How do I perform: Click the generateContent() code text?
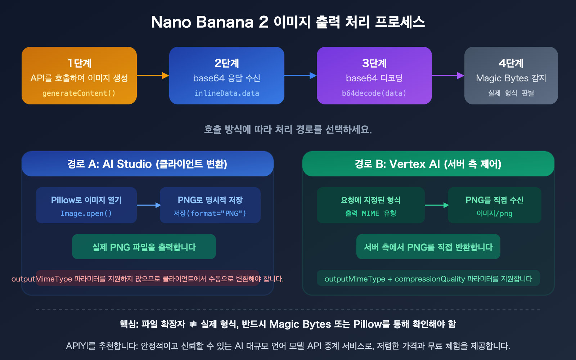[79, 93]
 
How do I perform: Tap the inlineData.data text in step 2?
[227, 93]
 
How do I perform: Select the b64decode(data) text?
[374, 93]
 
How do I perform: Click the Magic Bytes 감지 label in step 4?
[511, 78]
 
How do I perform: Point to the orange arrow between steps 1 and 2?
[153, 76]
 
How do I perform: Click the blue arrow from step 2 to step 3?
[300, 76]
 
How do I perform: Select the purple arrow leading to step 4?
[448, 76]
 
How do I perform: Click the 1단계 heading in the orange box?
[80, 63]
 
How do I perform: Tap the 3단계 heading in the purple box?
[374, 63]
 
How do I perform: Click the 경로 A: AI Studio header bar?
[147, 164]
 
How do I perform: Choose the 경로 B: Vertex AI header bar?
[428, 164]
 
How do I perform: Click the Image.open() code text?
[86, 213]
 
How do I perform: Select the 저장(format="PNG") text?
[210, 213]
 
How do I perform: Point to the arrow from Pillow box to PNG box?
[148, 205]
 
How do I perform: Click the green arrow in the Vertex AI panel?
[436, 205]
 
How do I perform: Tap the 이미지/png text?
[494, 213]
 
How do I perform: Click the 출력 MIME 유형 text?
[370, 213]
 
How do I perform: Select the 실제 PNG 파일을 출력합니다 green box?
[144, 247]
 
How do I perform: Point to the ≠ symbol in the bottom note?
[193, 324]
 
